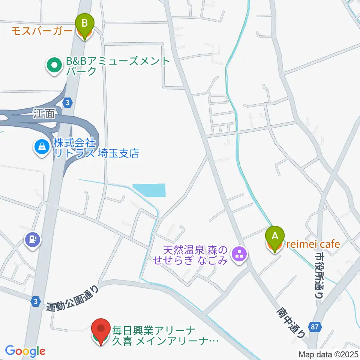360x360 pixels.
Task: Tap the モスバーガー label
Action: (x=41, y=31)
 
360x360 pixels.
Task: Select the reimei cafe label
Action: (x=313, y=244)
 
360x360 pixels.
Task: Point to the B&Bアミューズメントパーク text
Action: (x=118, y=66)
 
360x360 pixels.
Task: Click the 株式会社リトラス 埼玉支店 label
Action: (x=96, y=148)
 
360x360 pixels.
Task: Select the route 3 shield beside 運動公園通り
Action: (x=35, y=301)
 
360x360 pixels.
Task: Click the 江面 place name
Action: (x=43, y=114)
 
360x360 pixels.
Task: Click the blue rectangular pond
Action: (x=149, y=190)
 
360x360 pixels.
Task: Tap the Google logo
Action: (x=25, y=351)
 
